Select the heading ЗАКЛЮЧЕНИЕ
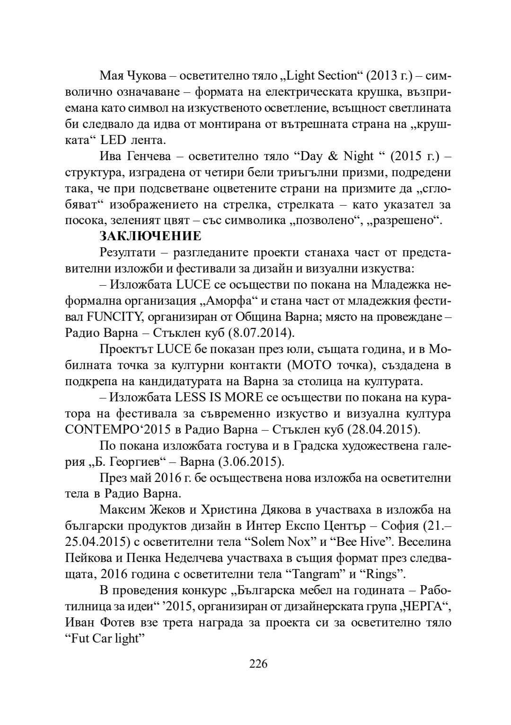coord(150,236)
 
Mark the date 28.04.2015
coord(383,430)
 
